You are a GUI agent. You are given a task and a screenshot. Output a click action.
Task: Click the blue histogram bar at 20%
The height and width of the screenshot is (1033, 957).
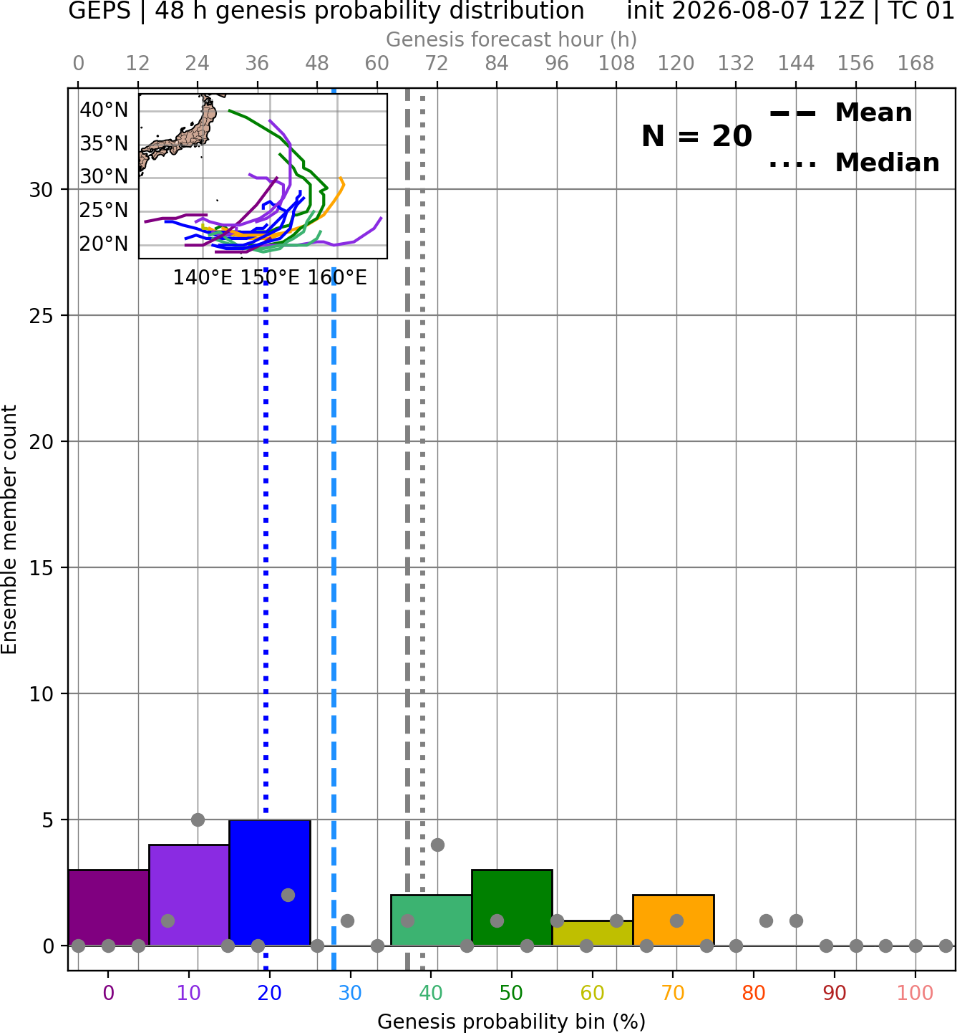click(x=270, y=883)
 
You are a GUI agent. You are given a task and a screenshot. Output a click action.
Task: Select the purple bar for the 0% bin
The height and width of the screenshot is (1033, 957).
click(x=109, y=908)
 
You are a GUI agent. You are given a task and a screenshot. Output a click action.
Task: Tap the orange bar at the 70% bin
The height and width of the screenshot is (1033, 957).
click(x=673, y=920)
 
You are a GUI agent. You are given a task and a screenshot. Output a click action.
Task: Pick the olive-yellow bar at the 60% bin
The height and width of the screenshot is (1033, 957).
click(x=593, y=933)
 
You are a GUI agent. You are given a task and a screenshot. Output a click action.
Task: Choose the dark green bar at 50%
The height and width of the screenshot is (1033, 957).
click(x=512, y=908)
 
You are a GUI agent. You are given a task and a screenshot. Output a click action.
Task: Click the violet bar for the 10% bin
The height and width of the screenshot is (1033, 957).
click(x=189, y=895)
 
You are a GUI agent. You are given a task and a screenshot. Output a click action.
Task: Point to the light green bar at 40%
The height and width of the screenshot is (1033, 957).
click(x=432, y=920)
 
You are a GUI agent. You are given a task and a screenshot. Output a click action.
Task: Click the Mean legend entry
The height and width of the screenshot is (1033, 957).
click(x=840, y=113)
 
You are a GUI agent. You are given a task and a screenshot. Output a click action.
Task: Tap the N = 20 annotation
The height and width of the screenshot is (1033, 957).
click(x=696, y=136)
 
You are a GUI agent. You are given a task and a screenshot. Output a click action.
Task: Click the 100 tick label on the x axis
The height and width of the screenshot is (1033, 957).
click(x=915, y=994)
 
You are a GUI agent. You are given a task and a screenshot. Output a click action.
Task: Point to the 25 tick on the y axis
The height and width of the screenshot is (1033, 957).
click(x=41, y=316)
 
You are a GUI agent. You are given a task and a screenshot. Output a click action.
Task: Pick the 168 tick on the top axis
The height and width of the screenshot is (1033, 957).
click(x=915, y=64)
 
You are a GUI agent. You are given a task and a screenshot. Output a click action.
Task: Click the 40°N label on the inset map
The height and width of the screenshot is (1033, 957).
click(x=104, y=110)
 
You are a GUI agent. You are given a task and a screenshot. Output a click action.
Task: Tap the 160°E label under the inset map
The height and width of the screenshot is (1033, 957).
click(x=337, y=278)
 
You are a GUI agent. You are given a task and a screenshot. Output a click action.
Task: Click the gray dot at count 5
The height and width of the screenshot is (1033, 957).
click(x=198, y=820)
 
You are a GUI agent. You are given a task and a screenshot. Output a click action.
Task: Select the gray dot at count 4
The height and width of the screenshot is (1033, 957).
click(x=437, y=845)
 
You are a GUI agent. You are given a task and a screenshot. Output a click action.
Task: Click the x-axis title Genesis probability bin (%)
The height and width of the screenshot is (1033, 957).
click(x=512, y=1022)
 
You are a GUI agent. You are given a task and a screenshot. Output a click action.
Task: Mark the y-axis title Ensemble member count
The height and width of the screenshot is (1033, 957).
click(x=9, y=529)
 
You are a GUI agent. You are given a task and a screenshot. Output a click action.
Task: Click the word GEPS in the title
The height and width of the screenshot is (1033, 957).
click(x=99, y=11)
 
